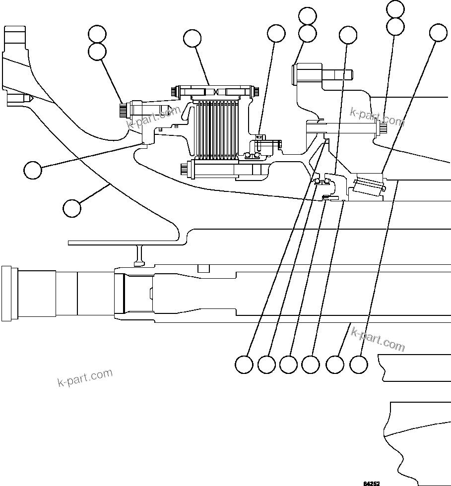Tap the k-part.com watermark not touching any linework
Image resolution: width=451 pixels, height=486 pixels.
click(x=85, y=377)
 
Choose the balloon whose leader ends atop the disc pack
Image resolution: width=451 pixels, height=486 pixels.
click(x=192, y=38)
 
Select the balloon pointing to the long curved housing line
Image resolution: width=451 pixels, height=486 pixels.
click(x=72, y=207)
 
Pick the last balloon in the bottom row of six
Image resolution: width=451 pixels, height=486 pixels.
click(x=359, y=365)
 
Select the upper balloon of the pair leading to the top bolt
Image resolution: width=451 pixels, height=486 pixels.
click(x=308, y=16)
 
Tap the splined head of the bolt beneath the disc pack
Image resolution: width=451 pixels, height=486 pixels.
click(x=186, y=169)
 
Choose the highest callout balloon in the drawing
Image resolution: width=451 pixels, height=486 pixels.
click(x=395, y=8)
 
